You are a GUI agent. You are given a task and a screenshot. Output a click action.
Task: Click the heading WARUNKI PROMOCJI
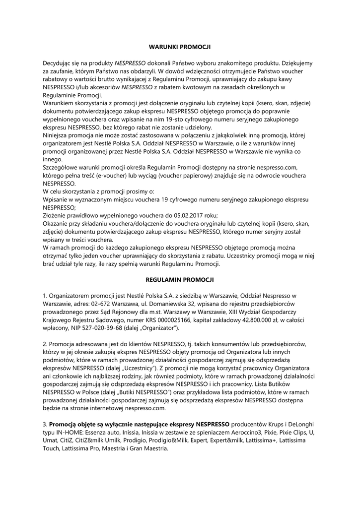[180, 47]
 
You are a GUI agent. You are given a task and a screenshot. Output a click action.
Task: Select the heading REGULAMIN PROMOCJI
[180, 280]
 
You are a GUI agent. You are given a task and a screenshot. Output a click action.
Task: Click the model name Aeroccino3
[221, 433]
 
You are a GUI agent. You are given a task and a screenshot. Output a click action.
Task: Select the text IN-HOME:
[74, 433]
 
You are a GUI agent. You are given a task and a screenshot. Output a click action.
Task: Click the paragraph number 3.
[44, 425]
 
